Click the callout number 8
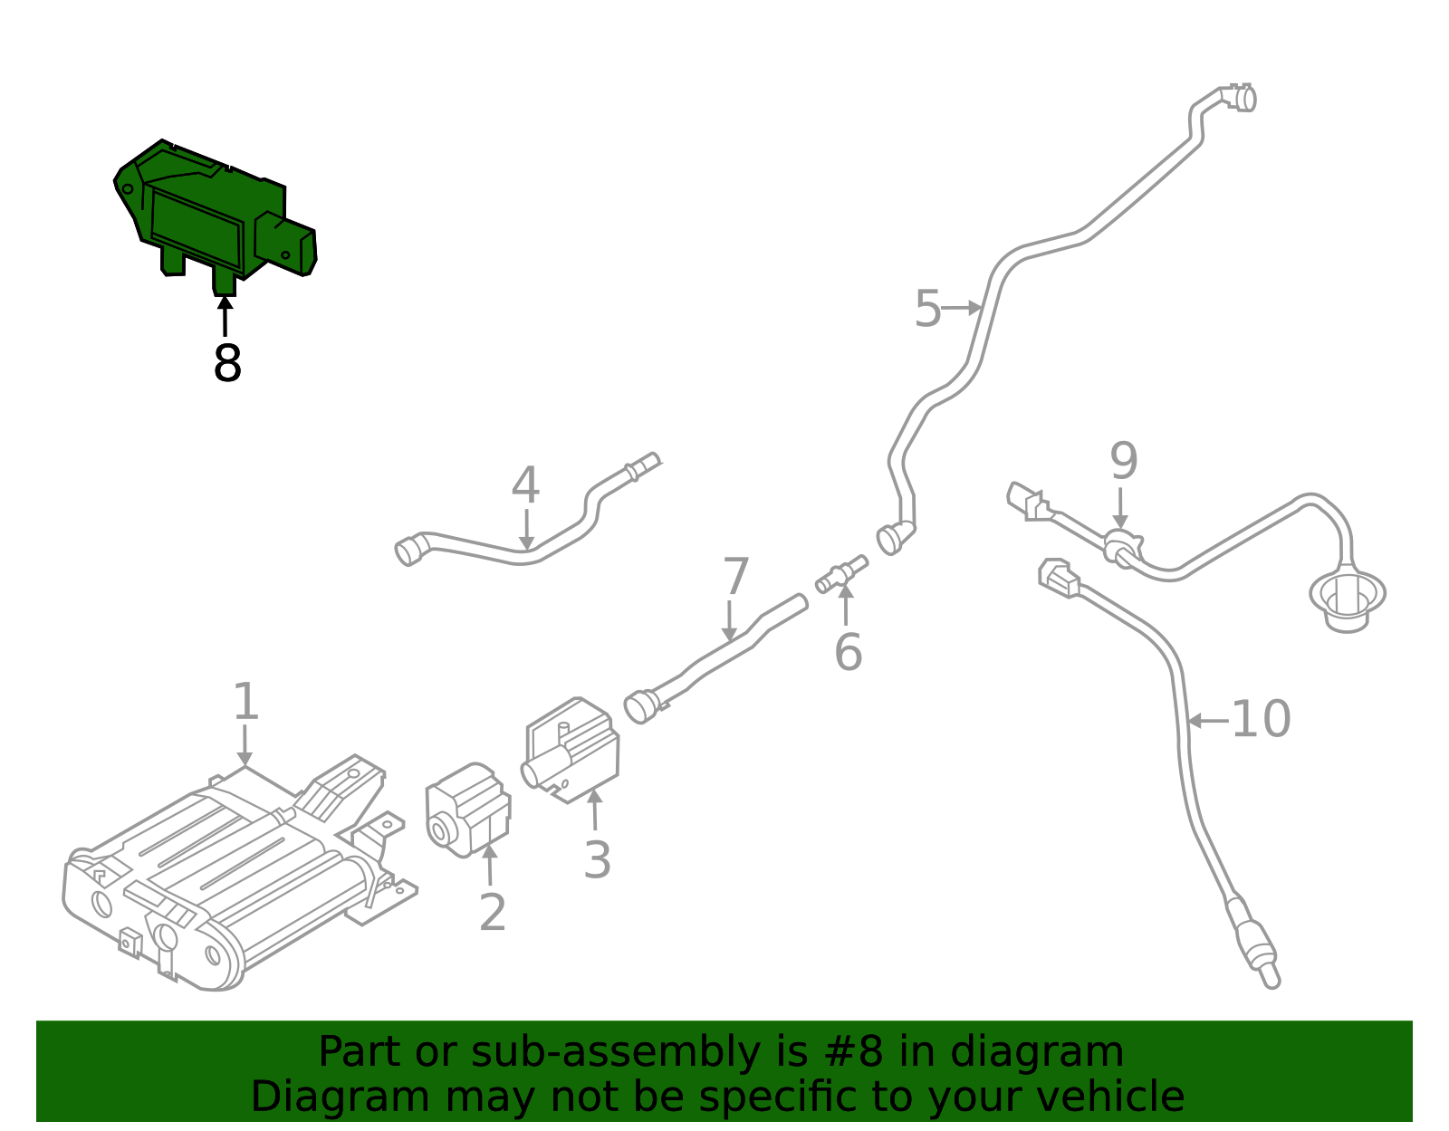coord(227,364)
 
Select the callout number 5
coord(927,310)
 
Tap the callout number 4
coord(525,486)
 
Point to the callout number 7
coord(735,578)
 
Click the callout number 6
coord(848,653)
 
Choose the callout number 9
coord(1123,462)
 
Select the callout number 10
coord(1261,720)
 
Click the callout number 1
coord(245,702)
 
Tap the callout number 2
coord(492,912)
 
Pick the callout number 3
coord(597,860)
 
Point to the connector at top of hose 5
coord(1238,97)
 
